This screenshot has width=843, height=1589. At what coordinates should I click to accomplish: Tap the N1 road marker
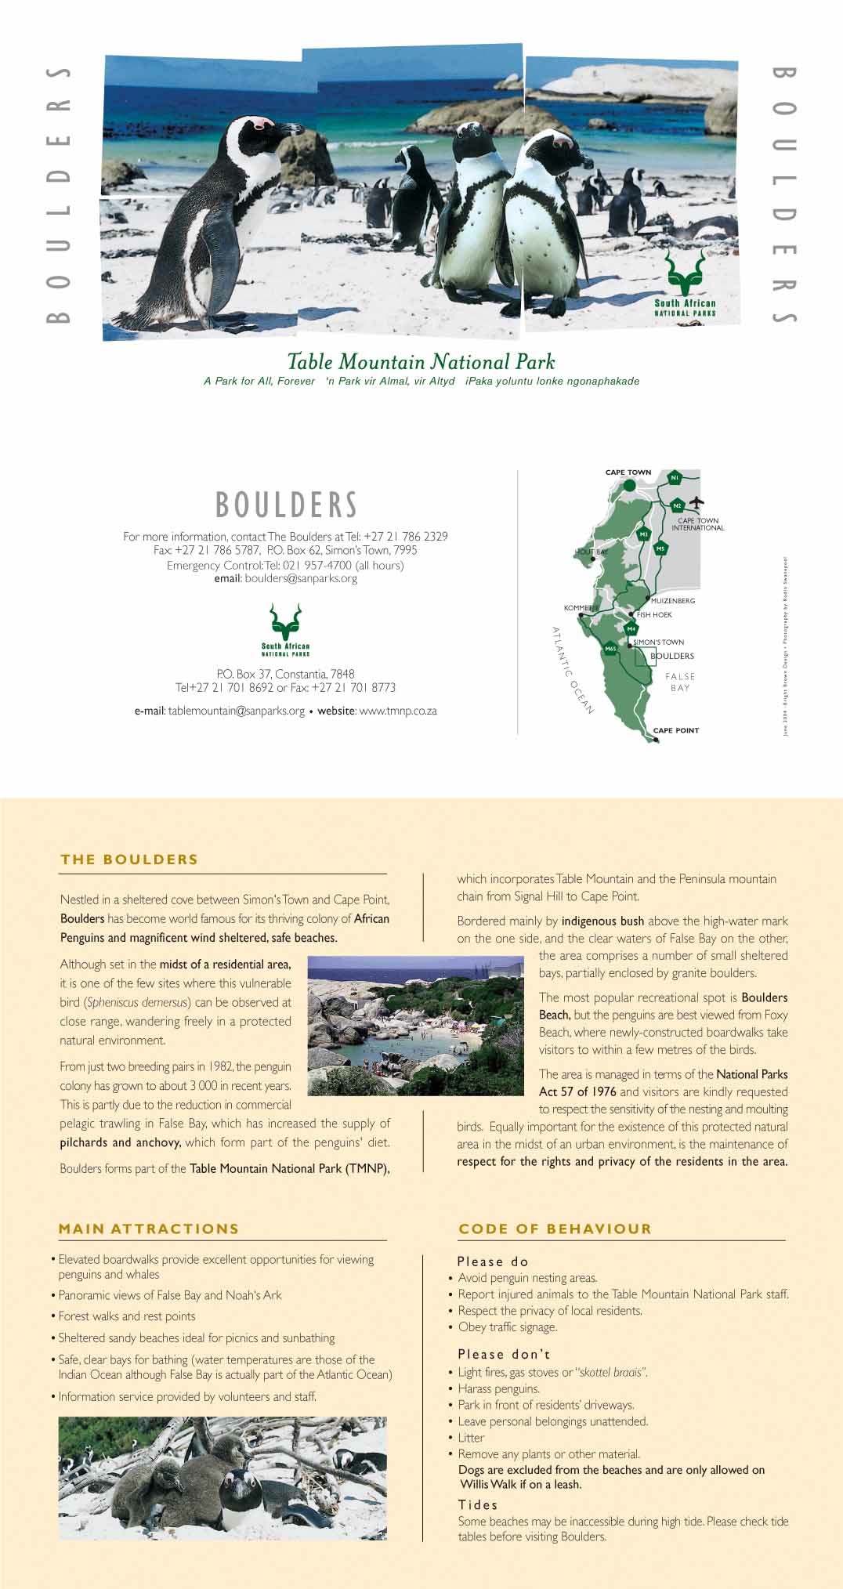(x=675, y=478)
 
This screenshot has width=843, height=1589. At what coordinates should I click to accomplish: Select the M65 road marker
(x=610, y=649)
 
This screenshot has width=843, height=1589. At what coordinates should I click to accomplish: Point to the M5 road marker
(x=660, y=549)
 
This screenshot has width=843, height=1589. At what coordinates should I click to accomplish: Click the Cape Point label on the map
(x=676, y=730)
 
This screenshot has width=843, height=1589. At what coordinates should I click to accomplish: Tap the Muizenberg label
(x=673, y=601)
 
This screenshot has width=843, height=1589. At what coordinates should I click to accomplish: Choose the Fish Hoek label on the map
(x=654, y=615)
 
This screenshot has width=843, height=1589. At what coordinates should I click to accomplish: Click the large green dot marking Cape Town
(x=629, y=486)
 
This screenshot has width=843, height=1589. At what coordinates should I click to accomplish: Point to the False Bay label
(x=680, y=682)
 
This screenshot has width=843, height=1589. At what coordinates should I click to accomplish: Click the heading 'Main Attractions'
(x=149, y=1229)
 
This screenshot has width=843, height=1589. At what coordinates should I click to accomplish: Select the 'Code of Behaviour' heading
(x=555, y=1229)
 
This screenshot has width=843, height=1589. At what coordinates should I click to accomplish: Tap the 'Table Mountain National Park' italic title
(x=421, y=362)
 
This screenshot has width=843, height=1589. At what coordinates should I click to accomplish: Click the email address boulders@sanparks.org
(x=301, y=579)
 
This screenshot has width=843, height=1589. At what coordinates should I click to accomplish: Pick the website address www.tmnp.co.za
(x=397, y=711)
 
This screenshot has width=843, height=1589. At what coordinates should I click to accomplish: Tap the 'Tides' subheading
(x=478, y=1504)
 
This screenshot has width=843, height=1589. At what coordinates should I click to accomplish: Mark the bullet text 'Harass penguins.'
(x=498, y=1388)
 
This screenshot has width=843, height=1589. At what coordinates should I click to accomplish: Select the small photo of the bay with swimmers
(x=415, y=1026)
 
